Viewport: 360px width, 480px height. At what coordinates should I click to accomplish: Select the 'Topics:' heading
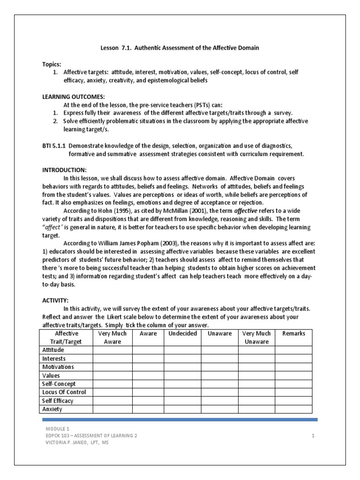(x=51, y=64)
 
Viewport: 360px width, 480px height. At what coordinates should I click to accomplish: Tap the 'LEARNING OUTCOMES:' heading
(x=70, y=96)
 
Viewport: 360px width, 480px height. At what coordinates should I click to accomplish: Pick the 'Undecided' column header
(x=182, y=333)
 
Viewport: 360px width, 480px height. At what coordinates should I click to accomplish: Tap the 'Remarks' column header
(x=293, y=333)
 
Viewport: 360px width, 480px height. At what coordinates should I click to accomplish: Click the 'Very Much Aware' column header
(x=112, y=337)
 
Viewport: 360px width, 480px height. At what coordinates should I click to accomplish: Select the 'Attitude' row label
(x=53, y=350)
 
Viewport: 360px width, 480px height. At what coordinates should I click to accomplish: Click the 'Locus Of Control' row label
(x=64, y=392)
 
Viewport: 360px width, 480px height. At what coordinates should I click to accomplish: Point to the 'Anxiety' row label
(x=52, y=409)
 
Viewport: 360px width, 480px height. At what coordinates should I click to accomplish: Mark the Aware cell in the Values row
(x=148, y=375)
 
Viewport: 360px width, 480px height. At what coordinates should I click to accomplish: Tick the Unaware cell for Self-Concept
(x=220, y=384)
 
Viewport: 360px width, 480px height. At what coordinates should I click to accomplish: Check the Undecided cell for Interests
(x=182, y=359)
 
